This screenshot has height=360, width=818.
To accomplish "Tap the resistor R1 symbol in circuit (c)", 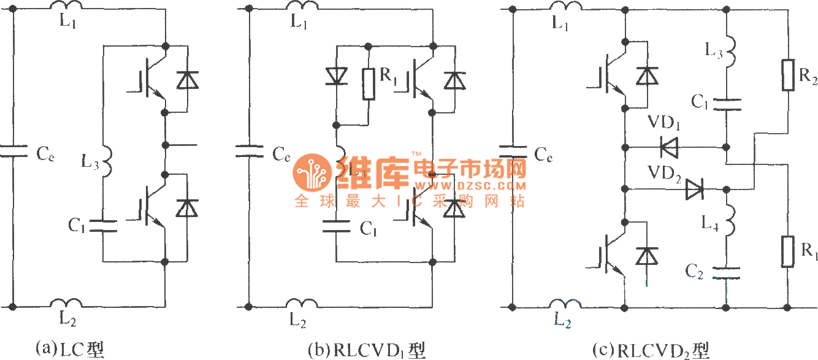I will [x=788, y=251].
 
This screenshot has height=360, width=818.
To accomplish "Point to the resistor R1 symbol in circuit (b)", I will [x=369, y=84].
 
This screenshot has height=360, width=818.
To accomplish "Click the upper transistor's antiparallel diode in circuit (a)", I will [x=187, y=80].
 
